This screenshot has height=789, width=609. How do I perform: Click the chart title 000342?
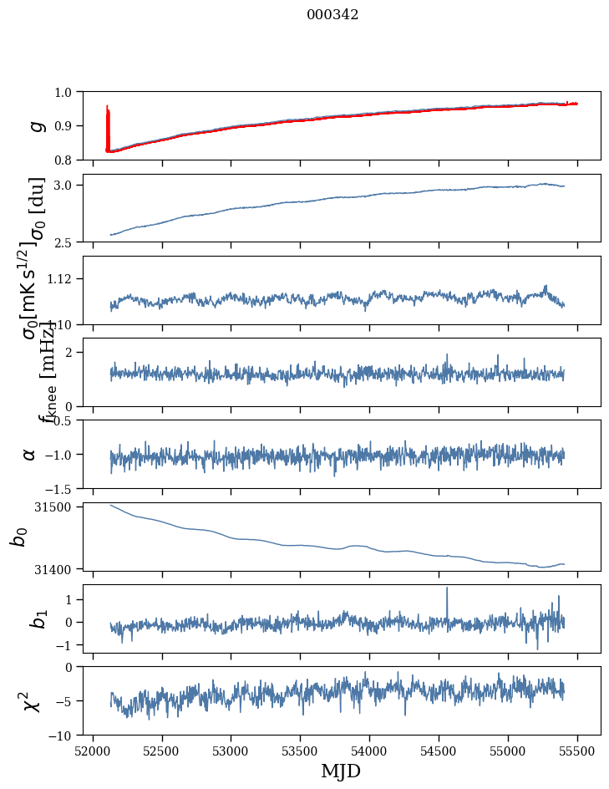click(x=332, y=15)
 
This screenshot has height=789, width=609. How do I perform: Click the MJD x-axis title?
click(x=341, y=771)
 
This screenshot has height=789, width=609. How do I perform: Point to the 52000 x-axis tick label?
click(x=93, y=750)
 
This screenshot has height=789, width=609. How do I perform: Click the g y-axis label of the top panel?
click(x=35, y=125)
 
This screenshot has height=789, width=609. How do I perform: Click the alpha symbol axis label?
click(x=29, y=454)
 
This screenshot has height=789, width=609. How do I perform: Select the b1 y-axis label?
click(x=35, y=618)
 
